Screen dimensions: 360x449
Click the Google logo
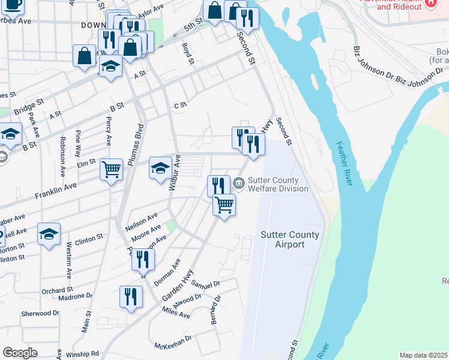click(x=20, y=353)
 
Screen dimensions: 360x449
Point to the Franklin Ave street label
click(x=56, y=192)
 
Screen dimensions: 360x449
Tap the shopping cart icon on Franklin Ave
click(x=111, y=170)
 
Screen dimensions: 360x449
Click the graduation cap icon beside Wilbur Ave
click(x=160, y=169)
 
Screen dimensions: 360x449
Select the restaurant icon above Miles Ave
click(x=130, y=296)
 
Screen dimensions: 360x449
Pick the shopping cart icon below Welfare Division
click(x=224, y=205)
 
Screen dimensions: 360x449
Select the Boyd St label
click(x=188, y=52)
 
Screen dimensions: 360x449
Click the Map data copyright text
click(x=423, y=355)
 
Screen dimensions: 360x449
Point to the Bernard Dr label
click(x=214, y=310)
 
